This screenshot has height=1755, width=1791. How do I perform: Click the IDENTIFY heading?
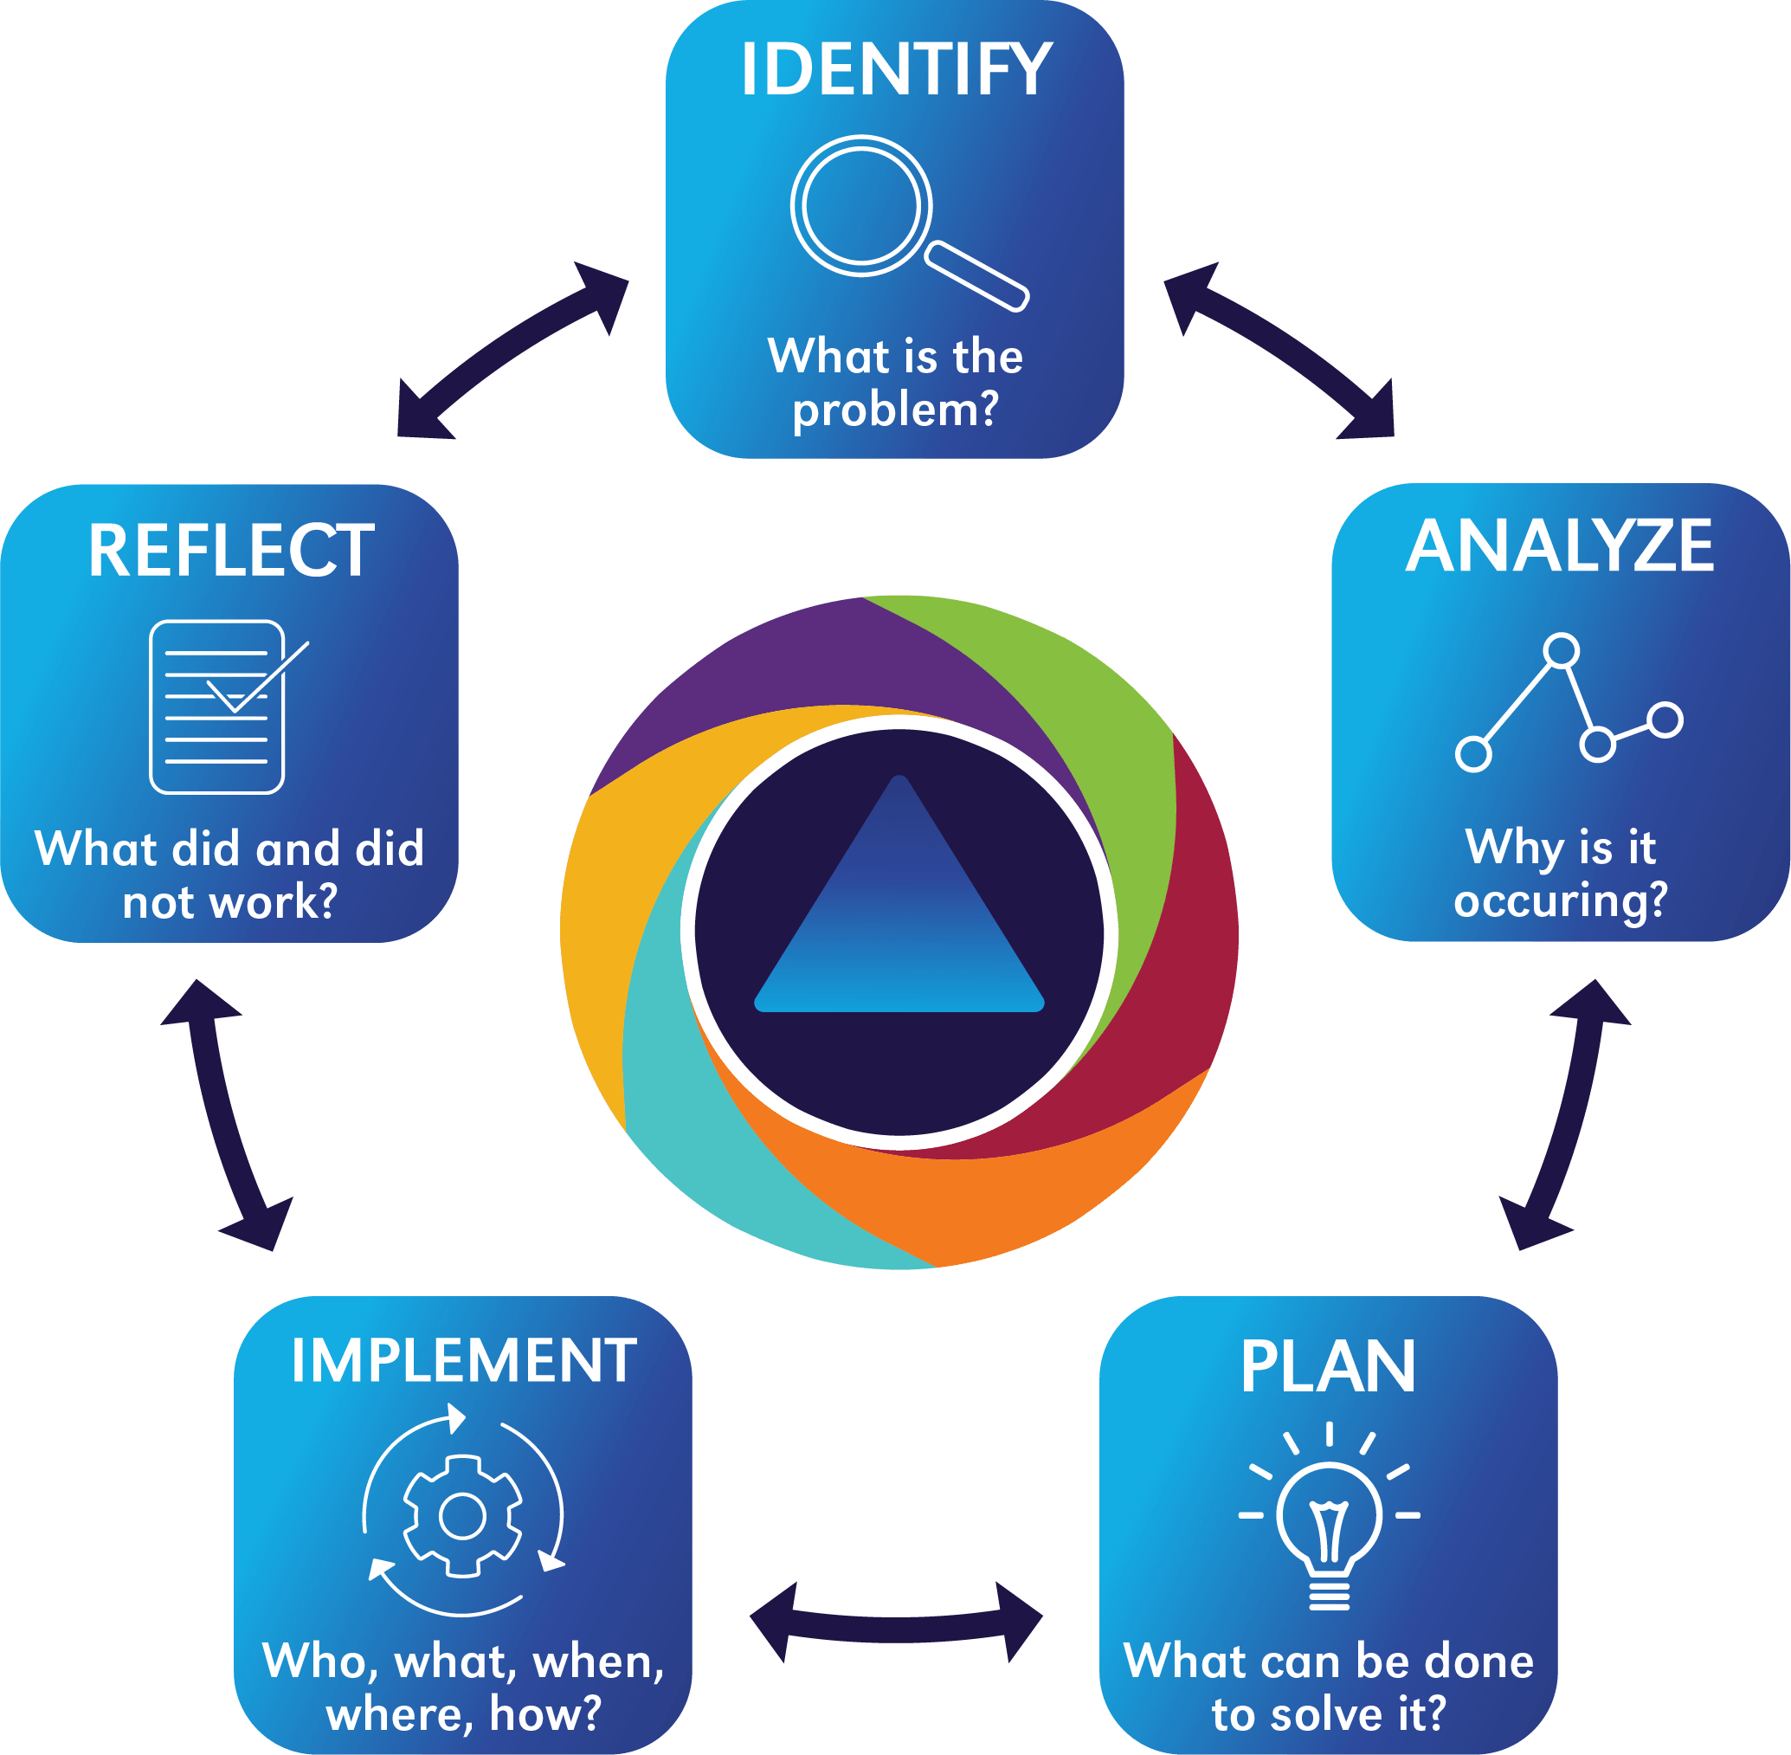point(895,70)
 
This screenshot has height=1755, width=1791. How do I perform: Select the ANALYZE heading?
point(1560,546)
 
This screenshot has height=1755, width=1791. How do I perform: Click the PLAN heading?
point(1327,1367)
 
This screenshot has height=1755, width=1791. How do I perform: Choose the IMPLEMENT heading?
point(464,1360)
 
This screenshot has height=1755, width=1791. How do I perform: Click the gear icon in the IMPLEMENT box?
point(463,1516)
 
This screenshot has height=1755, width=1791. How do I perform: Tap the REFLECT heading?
point(230,552)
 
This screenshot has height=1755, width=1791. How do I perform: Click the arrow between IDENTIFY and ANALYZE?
point(1279,348)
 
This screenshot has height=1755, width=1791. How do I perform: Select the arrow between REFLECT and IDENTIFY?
point(512,348)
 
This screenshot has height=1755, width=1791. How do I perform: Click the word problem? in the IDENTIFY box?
point(895,410)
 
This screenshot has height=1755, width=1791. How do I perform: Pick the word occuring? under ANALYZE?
point(1561,900)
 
